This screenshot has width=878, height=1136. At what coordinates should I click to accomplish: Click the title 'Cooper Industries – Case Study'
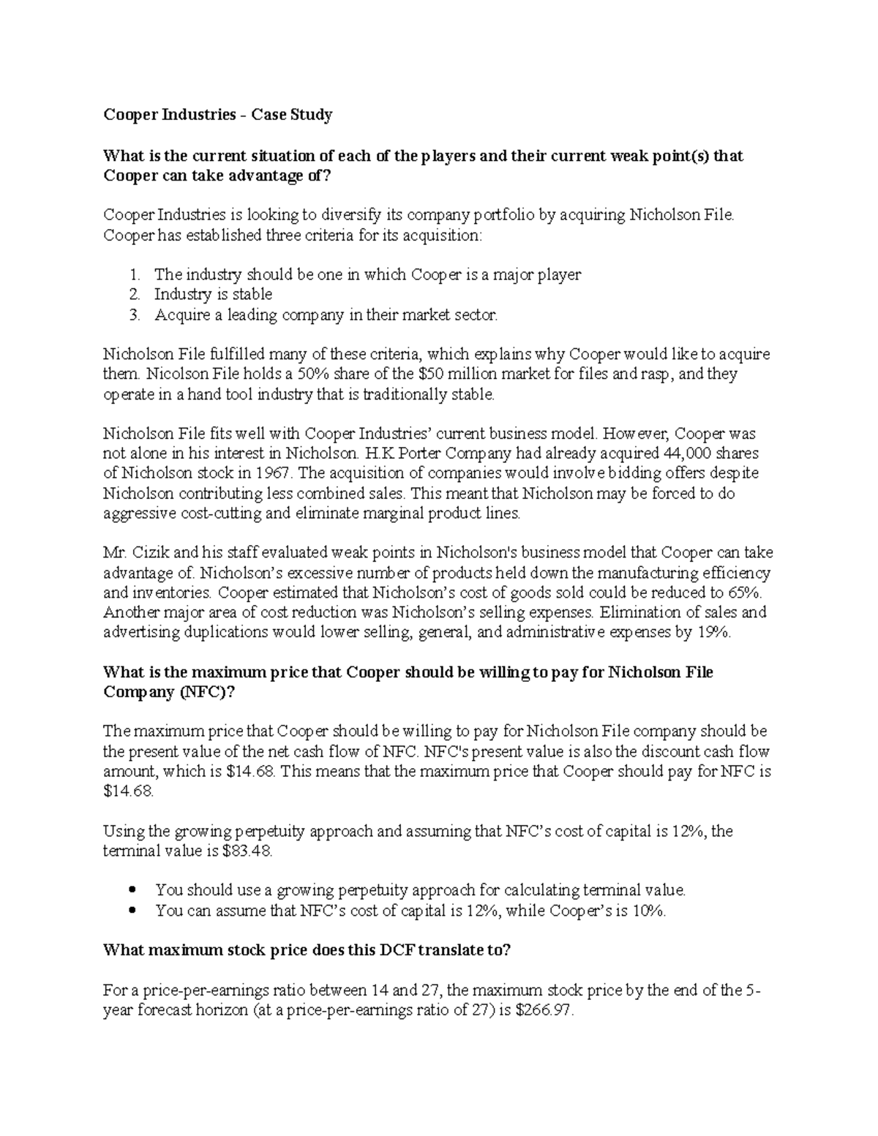coord(217,115)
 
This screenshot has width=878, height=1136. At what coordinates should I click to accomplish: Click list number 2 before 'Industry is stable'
coord(133,295)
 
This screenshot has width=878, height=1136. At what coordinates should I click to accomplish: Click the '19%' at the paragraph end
coord(713,633)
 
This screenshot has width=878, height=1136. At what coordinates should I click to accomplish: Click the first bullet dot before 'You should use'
coord(132,891)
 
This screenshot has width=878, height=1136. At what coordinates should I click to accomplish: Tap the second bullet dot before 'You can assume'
coord(132,911)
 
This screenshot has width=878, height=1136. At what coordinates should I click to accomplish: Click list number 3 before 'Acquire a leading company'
coord(133,315)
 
